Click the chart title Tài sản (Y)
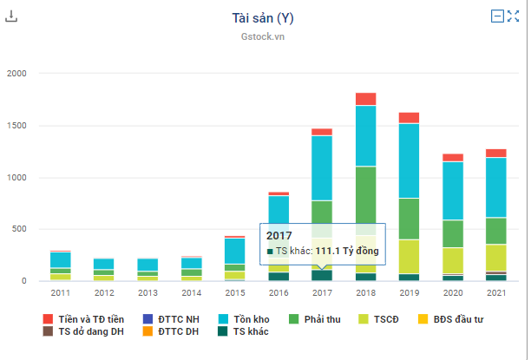click(x=269, y=17)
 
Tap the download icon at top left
click(x=11, y=16)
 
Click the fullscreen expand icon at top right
click(x=513, y=16)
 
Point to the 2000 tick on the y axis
click(x=17, y=74)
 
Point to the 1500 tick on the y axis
click(x=17, y=126)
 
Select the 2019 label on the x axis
click(x=409, y=294)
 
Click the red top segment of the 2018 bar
click(x=365, y=99)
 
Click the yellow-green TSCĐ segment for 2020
click(x=452, y=260)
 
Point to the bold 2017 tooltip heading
click(x=279, y=235)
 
